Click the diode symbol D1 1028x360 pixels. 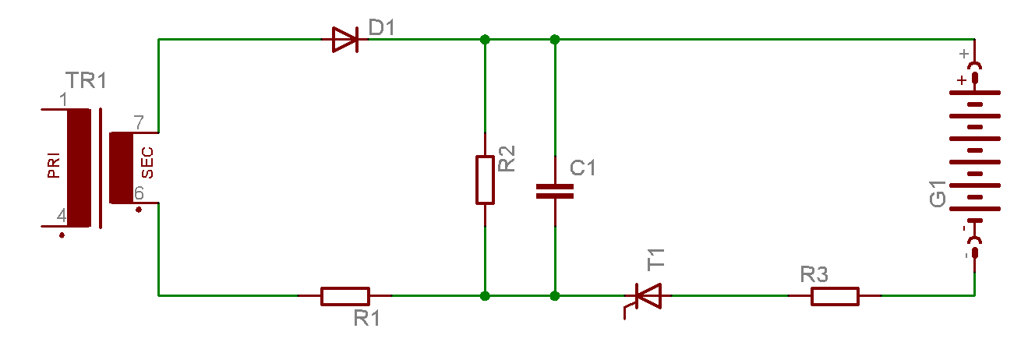pos(345,40)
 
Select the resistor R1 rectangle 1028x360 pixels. pos(345,296)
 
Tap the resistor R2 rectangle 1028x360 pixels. pos(485,180)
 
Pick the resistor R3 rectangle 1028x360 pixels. pos(835,296)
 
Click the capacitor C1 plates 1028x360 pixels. pos(555,191)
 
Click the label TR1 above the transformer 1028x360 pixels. pos(86,81)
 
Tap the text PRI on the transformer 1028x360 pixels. pos(54,165)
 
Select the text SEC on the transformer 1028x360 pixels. pos(147,162)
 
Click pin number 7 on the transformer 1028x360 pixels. pos(139,122)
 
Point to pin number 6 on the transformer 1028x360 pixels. pos(139,192)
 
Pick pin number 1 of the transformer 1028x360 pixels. pos(63,100)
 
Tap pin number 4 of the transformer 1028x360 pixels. pos(62,215)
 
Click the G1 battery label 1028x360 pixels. pos(938,194)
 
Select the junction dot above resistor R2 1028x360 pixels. pos(485,40)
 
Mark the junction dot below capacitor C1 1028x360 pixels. pos(555,296)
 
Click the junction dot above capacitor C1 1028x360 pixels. pos(555,40)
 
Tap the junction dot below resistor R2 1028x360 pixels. pos(485,296)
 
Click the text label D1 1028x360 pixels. pos(382,27)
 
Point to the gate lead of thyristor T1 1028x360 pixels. pos(628,309)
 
